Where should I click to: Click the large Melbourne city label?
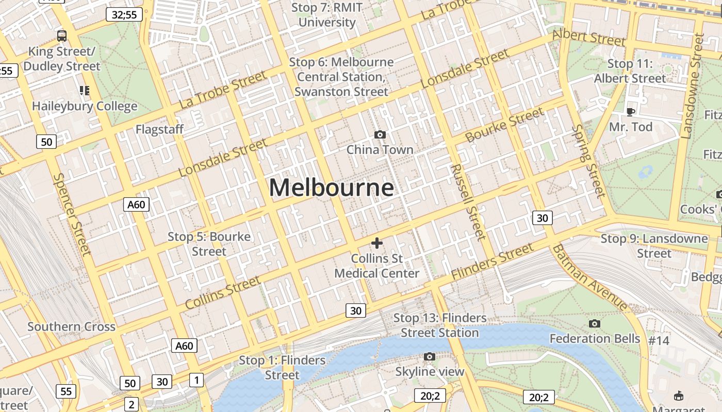coord(331,187)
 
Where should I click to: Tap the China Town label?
coord(380,150)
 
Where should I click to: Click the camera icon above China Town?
coord(380,135)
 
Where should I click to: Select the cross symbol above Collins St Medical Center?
coord(377,243)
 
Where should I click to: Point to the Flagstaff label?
coord(159,129)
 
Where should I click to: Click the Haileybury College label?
coord(85,107)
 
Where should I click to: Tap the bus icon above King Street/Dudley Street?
coord(62,36)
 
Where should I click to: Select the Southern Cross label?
coord(71,327)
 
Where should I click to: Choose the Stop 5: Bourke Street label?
coord(209,244)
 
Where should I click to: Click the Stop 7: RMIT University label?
coord(327,15)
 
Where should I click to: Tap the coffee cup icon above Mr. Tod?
coord(630,112)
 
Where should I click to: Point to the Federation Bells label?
coord(595,338)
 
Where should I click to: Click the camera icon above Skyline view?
coord(429,356)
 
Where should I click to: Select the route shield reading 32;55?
coord(124,14)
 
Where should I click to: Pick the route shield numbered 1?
coord(196,380)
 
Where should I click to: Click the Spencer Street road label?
coord(72,214)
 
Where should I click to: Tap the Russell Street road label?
coord(468,202)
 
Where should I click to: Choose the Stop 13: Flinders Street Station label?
coord(440,325)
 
